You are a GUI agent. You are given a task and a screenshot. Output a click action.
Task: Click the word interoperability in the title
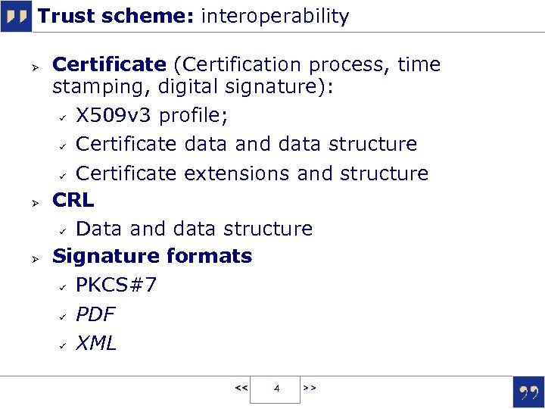coord(275,17)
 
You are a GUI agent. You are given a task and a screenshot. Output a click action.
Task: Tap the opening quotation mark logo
coord(16,17)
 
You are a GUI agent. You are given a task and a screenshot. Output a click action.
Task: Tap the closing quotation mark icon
coord(528,392)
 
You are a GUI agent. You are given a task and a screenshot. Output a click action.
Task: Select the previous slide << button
coord(241,388)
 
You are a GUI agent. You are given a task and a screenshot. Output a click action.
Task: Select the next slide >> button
coord(310,388)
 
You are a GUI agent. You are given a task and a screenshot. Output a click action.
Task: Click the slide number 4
coord(276,389)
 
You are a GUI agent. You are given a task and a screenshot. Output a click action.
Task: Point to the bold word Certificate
coord(109,65)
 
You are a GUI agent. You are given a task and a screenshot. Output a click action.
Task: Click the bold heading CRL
coord(73,200)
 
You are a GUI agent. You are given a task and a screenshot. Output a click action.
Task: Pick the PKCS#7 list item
coord(117,286)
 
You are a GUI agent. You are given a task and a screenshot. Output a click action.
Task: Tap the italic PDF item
coord(95,314)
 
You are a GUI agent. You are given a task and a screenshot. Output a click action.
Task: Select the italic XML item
coord(96,343)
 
